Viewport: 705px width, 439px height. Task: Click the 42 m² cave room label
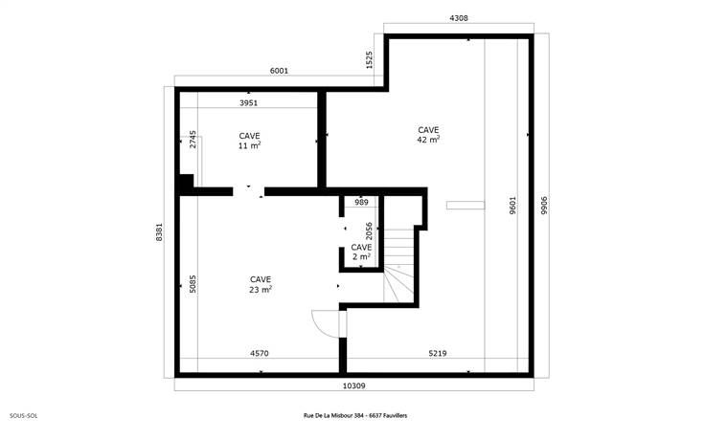pos(428,135)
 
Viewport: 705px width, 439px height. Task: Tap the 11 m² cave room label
pos(250,141)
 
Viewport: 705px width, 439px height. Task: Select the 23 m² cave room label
pos(261,285)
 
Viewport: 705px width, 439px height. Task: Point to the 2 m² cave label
pos(361,252)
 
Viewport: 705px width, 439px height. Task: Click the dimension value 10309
pos(353,385)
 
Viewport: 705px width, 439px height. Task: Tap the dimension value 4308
pos(459,18)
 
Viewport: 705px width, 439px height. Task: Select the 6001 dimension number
pos(279,71)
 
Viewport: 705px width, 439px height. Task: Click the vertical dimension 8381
pos(159,232)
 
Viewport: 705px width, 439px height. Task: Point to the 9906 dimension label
pos(544,205)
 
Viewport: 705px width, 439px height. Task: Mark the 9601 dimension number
pos(512,205)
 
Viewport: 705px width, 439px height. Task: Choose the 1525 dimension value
pos(369,59)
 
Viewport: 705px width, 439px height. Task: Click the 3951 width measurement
pos(248,102)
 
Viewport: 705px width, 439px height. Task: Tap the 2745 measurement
pos(193,139)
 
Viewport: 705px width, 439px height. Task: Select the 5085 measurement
pos(193,284)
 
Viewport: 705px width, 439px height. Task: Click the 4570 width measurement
pos(260,353)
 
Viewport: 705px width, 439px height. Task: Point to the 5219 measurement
pos(438,353)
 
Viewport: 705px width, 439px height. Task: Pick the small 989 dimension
pos(361,202)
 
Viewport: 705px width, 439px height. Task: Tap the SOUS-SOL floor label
pos(23,416)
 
